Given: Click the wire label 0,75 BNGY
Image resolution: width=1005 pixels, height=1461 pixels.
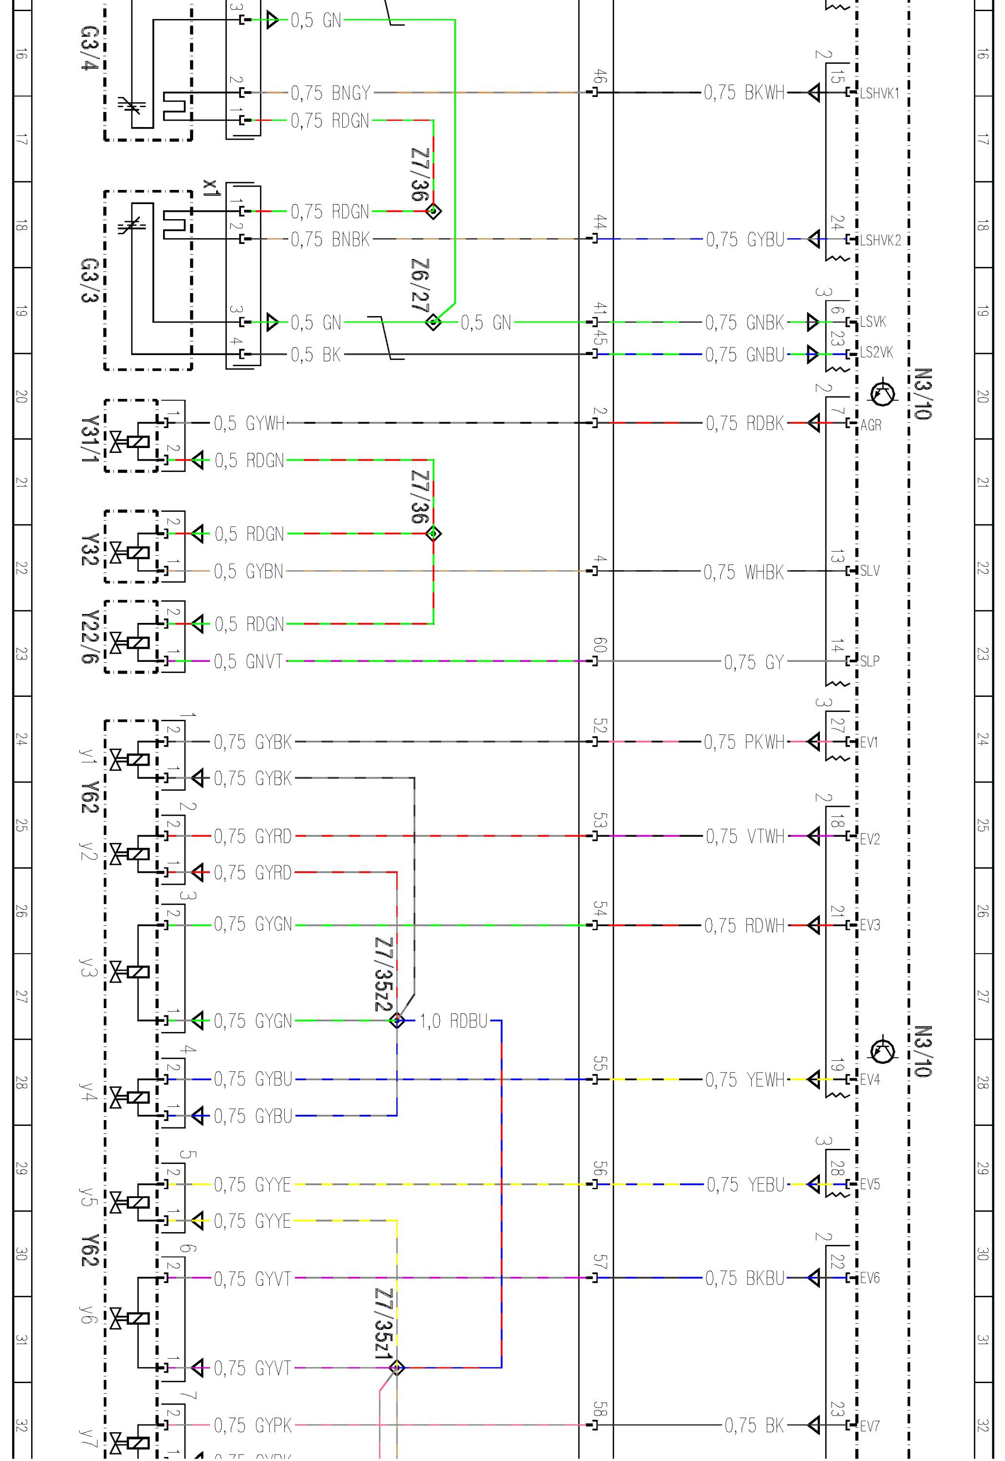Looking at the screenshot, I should [x=331, y=93].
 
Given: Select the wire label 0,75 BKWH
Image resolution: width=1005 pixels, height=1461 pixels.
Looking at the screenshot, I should [x=744, y=93].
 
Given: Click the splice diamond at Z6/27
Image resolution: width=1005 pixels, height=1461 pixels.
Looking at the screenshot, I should [x=433, y=322].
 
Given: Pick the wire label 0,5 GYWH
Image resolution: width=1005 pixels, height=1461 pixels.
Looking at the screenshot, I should [x=249, y=423].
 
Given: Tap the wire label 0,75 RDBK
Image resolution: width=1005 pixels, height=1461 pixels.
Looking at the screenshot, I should [x=745, y=423].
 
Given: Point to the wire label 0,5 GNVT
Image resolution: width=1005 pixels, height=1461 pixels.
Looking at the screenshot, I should [x=249, y=661].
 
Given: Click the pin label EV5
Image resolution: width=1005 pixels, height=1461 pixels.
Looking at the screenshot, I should [x=870, y=1184].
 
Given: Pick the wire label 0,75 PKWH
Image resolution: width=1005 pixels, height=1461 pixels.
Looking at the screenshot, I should [x=744, y=742].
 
